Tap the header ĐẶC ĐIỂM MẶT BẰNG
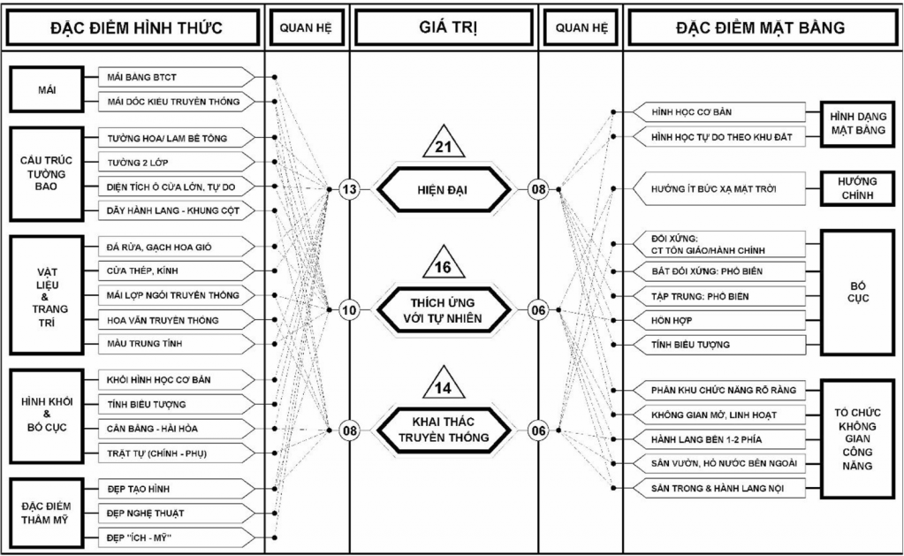(x=760, y=27)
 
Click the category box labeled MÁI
(x=47, y=89)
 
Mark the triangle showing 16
(x=444, y=266)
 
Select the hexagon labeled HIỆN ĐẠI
(x=444, y=188)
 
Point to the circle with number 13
(x=349, y=188)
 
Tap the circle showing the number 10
(x=349, y=310)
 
